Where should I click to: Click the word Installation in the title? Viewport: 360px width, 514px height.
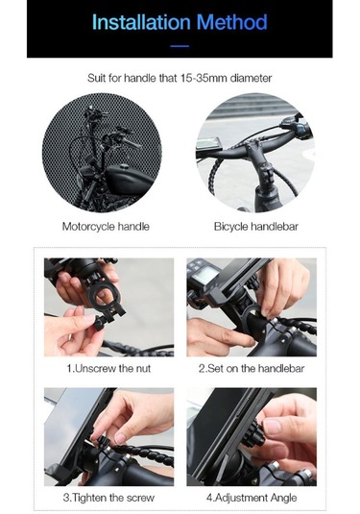pos(141,22)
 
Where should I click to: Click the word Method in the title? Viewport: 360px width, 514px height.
pos(232,22)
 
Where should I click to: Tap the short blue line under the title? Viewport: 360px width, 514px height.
pos(180,46)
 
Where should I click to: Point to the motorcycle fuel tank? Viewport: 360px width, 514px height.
pos(129,179)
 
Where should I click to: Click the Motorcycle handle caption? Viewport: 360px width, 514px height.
pos(106,227)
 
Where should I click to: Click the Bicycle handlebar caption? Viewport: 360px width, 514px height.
pos(256,227)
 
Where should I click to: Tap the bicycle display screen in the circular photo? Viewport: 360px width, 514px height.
pos(208,143)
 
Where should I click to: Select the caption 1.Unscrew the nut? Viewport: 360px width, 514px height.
pos(108,369)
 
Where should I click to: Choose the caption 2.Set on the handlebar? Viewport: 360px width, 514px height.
pos(252,369)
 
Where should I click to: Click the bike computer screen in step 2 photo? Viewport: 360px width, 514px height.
pos(205,274)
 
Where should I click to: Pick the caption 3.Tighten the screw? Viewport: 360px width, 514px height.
pos(108,498)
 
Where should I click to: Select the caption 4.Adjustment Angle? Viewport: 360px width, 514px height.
pos(252,498)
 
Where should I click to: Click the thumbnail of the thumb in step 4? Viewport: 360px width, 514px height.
pos(273,427)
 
